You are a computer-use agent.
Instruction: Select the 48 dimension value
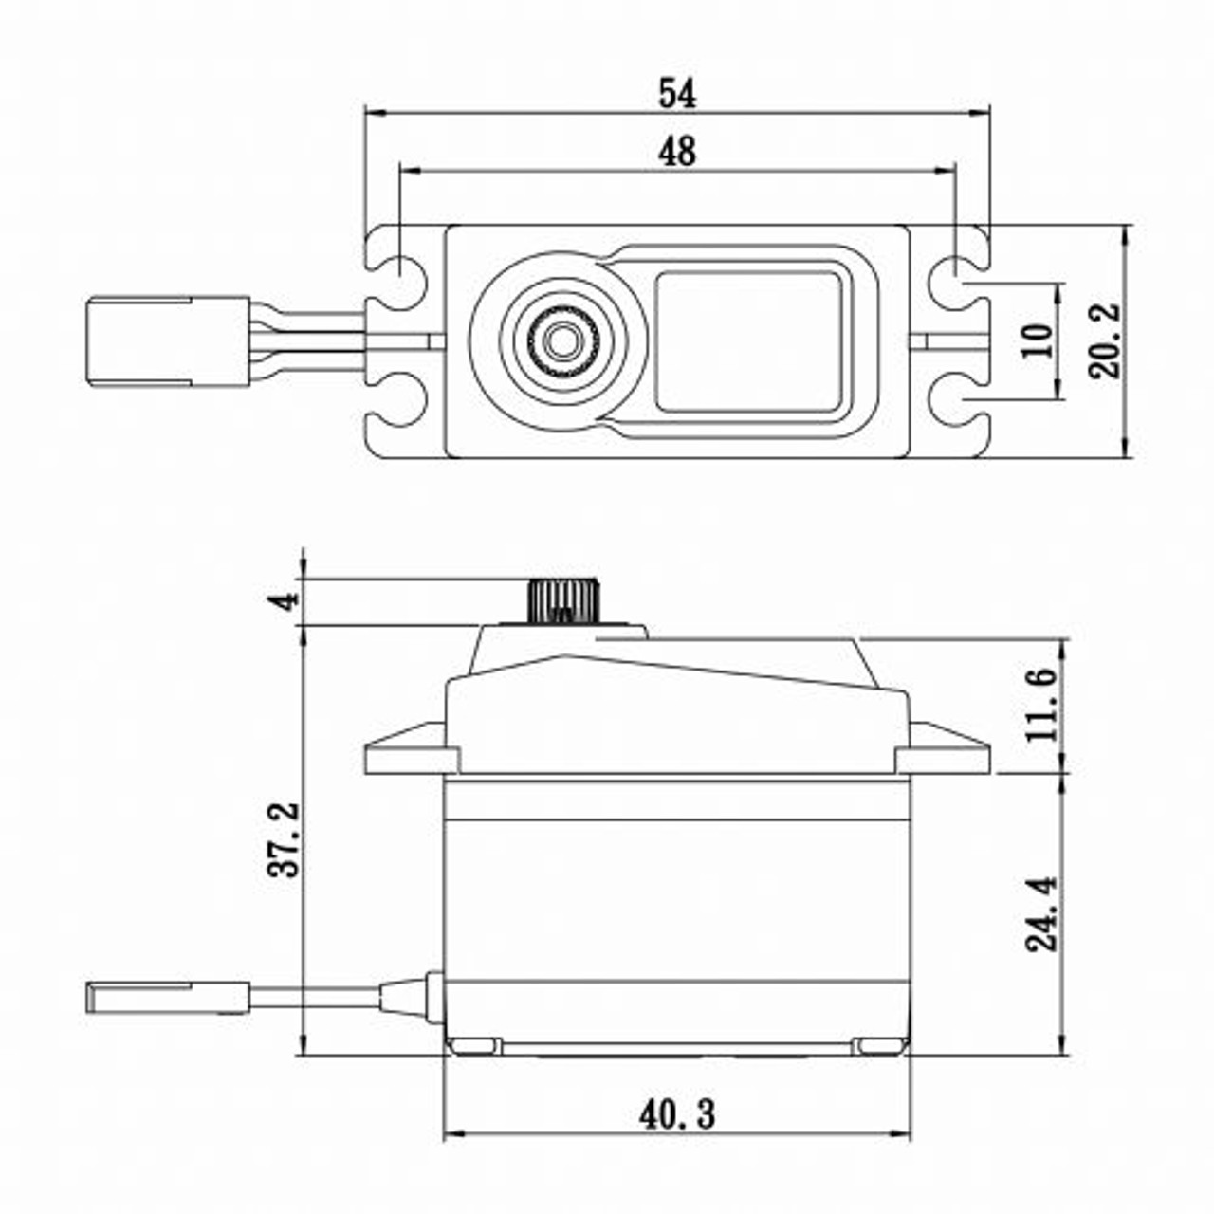[677, 151]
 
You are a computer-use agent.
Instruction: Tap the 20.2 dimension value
[1105, 341]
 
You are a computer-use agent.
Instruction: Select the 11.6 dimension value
[1040, 705]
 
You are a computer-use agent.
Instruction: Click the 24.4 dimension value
[1040, 913]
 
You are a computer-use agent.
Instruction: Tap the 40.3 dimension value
[677, 1115]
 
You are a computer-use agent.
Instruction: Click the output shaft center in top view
[562, 338]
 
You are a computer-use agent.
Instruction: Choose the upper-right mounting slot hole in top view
[952, 272]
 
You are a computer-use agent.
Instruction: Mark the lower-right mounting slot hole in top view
[952, 406]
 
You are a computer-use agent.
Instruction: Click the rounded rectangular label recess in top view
[748, 341]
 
